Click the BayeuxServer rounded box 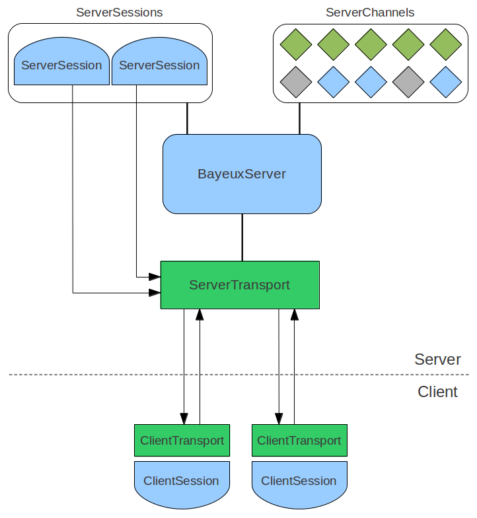(x=242, y=174)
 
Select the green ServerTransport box (x=240, y=285)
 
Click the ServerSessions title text (x=120, y=13)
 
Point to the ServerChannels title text (x=370, y=13)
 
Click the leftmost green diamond (x=295, y=44)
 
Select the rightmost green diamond (x=445, y=44)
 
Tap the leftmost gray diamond (x=295, y=82)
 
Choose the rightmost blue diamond (x=445, y=82)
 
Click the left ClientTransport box (x=182, y=441)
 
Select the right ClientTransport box (x=299, y=441)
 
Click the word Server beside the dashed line (x=437, y=359)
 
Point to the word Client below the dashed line (x=437, y=392)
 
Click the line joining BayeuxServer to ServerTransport (x=242, y=237)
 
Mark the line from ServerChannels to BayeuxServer (x=299, y=118)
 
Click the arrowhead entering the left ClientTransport (x=184, y=419)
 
